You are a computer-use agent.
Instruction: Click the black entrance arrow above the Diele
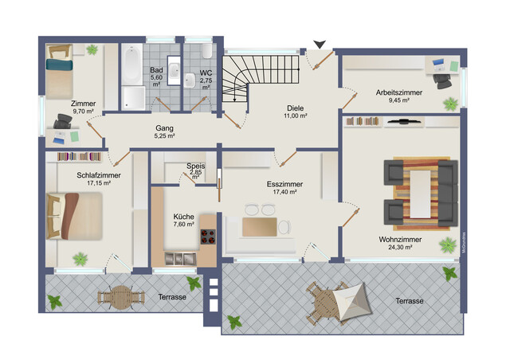coord(320,44)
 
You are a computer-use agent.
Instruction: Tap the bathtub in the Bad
coord(131,65)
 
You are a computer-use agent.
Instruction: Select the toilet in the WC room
coord(207,52)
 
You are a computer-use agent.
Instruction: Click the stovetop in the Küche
coord(208,237)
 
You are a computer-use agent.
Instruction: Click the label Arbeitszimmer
coord(399,92)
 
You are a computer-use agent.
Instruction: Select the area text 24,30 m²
coord(400,247)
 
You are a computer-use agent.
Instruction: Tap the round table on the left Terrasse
coord(121,297)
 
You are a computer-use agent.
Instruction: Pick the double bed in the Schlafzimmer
coord(74,216)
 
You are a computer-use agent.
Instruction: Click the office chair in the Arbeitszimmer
coord(442,80)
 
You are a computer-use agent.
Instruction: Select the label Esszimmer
coord(285,184)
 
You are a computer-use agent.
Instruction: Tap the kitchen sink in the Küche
coord(180,259)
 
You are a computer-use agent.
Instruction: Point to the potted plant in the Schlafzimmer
coord(80,259)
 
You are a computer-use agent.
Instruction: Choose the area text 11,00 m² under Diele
coord(296,115)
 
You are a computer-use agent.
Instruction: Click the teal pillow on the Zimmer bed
coord(59,64)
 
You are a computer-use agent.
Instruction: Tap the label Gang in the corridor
coord(164,128)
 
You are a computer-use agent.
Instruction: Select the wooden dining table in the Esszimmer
coord(260,227)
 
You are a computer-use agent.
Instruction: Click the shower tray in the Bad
coord(134,98)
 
